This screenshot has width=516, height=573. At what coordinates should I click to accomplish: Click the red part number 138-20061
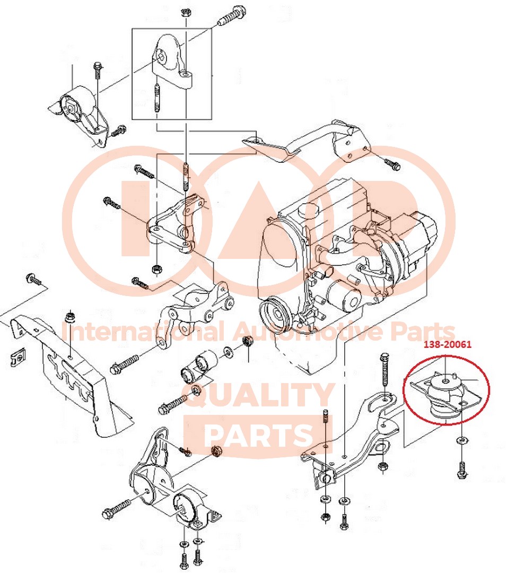[x=448, y=344]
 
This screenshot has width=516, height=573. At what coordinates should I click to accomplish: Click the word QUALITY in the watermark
[x=259, y=396]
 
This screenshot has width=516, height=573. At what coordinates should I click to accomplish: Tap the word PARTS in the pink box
[x=259, y=435]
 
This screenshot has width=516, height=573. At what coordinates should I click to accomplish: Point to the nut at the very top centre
[x=185, y=12]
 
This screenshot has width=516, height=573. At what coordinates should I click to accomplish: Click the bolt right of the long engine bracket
[x=392, y=164]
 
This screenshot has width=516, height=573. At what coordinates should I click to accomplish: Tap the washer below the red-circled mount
[x=461, y=440]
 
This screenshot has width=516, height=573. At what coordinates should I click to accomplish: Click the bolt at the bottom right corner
[x=462, y=470]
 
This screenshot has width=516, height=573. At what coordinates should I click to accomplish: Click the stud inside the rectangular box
[x=157, y=98]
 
